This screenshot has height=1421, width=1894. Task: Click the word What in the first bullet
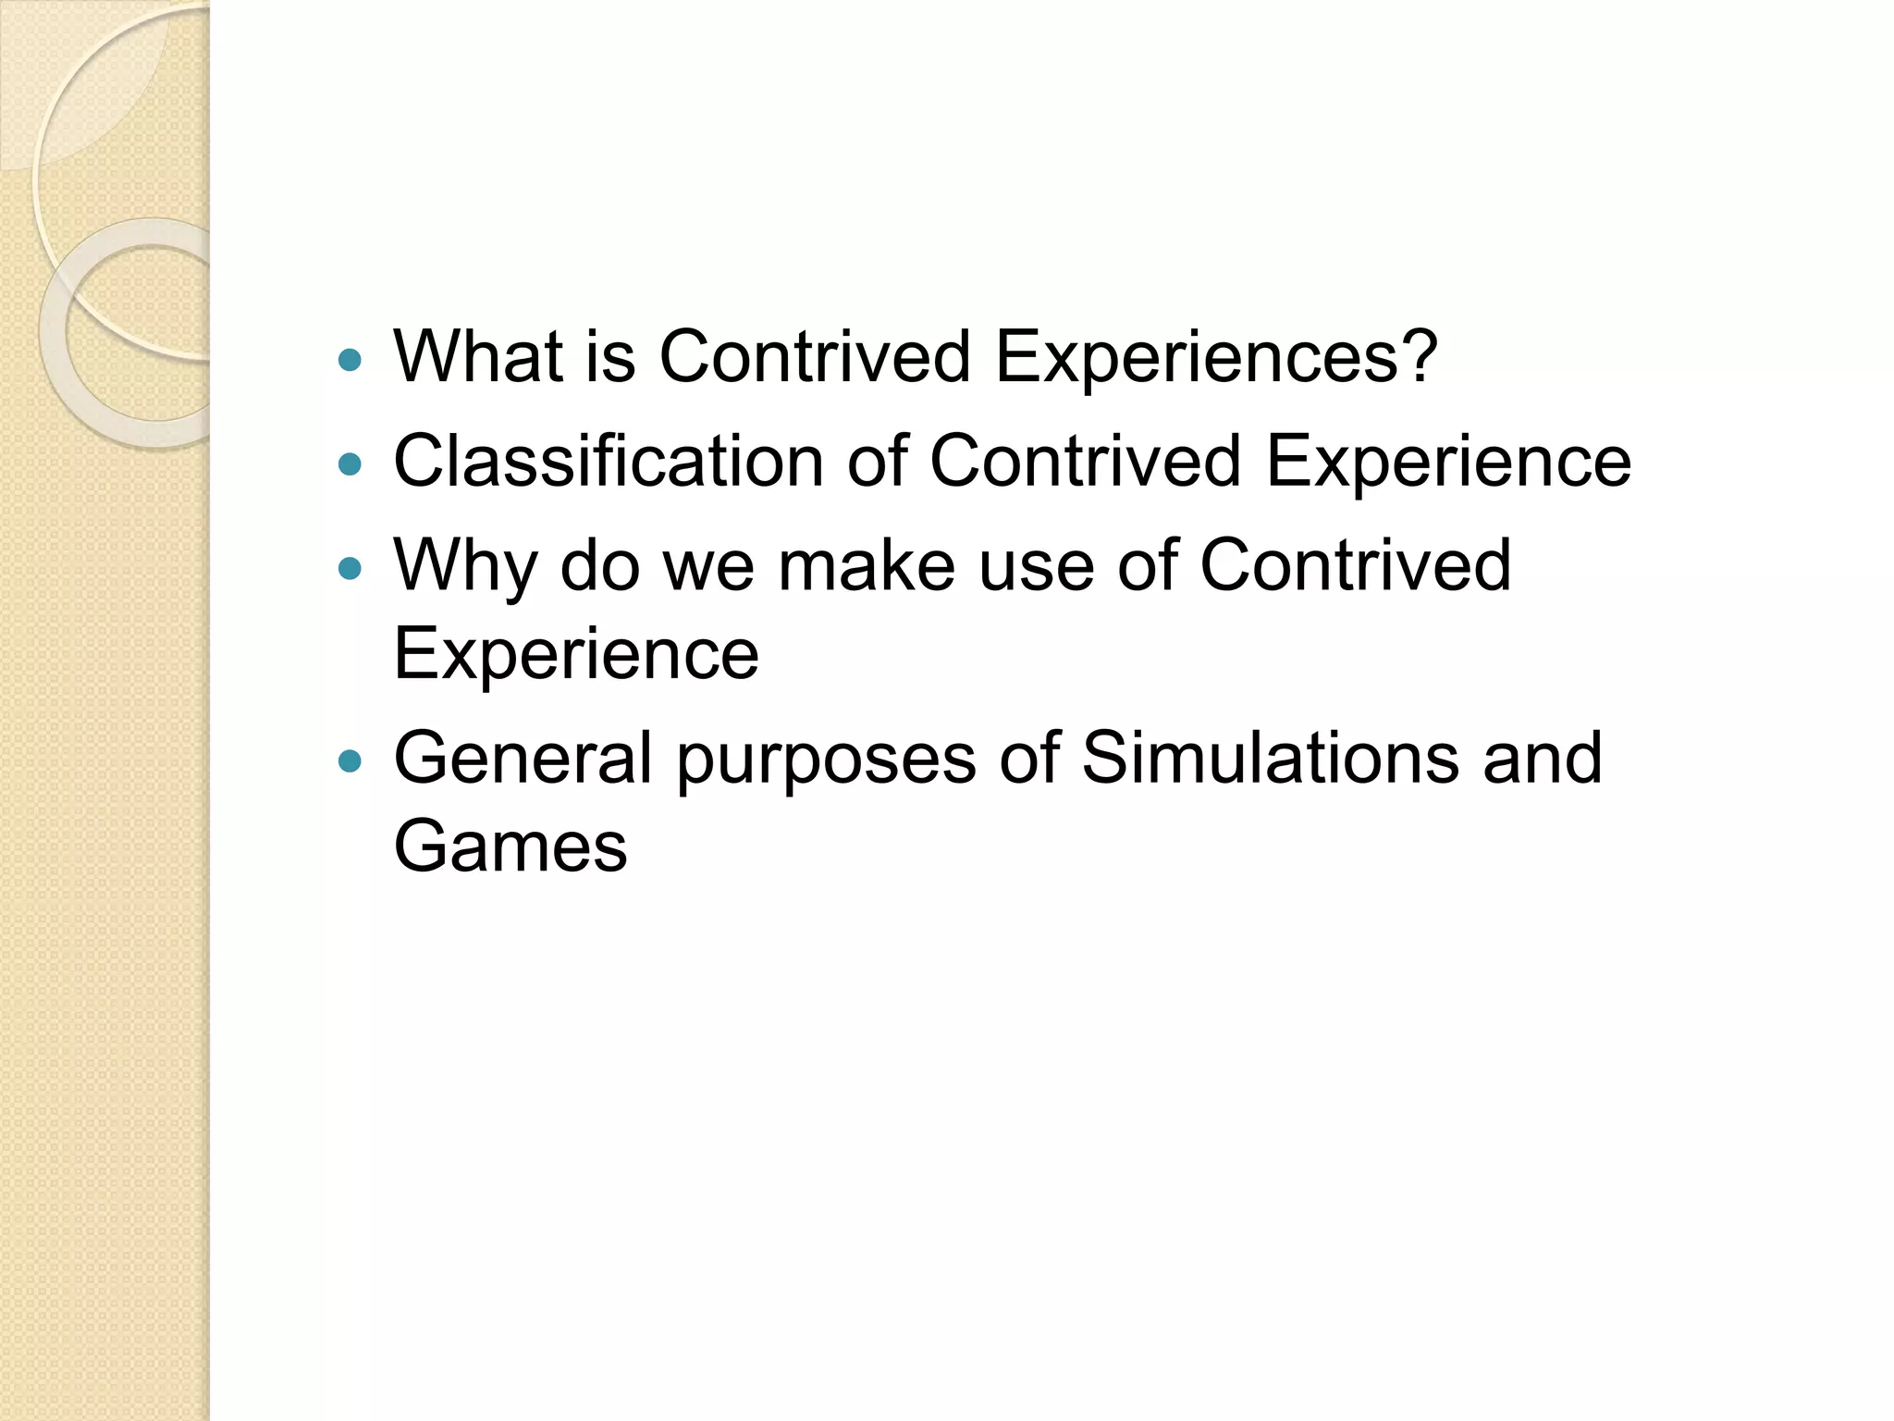click(x=477, y=356)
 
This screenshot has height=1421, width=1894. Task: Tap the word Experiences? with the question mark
click(x=1215, y=356)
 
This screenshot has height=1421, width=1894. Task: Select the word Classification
click(x=608, y=461)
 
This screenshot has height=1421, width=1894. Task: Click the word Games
click(x=510, y=846)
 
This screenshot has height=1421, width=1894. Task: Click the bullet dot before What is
click(x=350, y=360)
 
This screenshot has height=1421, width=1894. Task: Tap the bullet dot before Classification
click(x=350, y=463)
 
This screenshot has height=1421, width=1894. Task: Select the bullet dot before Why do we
click(x=350, y=568)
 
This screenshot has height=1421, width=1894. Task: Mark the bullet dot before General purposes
click(x=350, y=761)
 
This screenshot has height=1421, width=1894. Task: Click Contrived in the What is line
click(x=814, y=356)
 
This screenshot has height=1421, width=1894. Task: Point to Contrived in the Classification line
click(x=1085, y=461)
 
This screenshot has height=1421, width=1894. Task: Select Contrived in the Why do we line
click(x=1355, y=565)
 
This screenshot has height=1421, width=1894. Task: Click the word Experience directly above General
click(x=575, y=653)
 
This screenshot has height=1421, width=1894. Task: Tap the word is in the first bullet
click(x=609, y=356)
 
